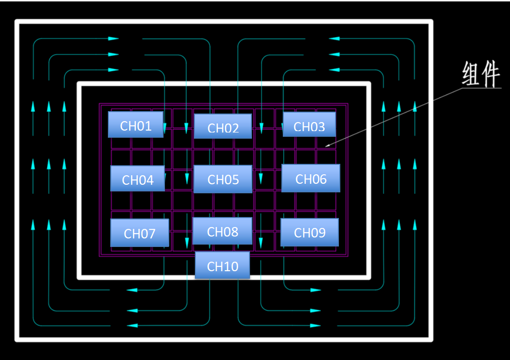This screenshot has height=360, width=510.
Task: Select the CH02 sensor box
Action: click(x=222, y=126)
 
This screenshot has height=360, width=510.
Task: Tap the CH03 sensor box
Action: click(x=309, y=124)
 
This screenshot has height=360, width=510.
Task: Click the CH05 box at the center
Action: click(x=222, y=179)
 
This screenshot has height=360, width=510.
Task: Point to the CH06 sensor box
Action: click(x=311, y=178)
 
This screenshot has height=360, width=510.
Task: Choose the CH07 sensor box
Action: click(x=139, y=233)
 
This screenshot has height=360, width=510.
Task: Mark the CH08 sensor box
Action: click(x=222, y=231)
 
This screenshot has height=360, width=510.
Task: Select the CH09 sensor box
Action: click(x=309, y=232)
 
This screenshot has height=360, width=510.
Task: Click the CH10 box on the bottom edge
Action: click(x=222, y=265)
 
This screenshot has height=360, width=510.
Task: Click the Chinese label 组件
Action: click(x=481, y=75)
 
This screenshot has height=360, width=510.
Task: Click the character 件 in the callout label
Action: click(x=491, y=75)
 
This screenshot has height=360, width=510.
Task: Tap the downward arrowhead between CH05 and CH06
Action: click(x=261, y=179)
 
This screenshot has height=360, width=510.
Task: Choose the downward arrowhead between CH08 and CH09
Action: click(x=261, y=243)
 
